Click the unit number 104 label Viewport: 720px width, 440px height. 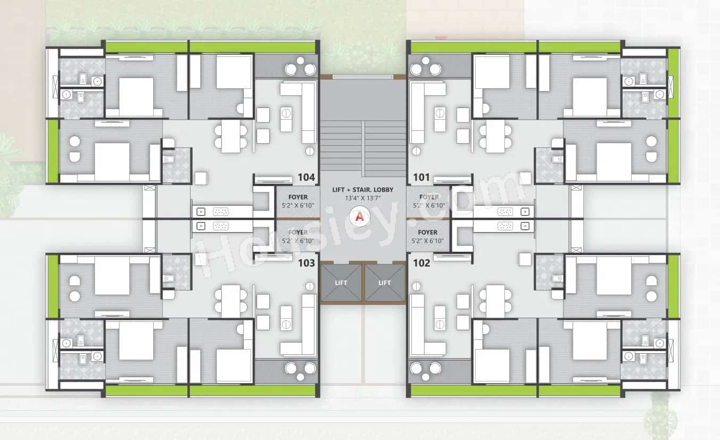point(307,177)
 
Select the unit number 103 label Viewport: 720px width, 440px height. point(307,263)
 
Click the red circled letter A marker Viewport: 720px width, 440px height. point(360,217)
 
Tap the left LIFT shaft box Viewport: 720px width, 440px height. point(341,283)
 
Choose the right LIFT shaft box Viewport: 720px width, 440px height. point(385,283)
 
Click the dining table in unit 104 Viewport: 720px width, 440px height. point(231,136)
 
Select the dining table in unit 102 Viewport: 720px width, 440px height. point(495,301)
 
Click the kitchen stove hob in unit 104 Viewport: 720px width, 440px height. point(220,211)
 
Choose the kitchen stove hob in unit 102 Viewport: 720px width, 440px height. point(504,226)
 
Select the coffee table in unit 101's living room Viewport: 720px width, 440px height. point(440,119)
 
